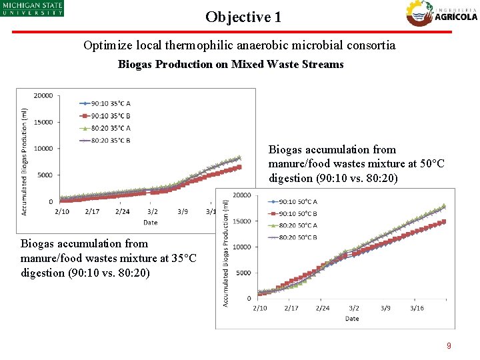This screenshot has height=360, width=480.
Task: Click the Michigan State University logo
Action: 32,8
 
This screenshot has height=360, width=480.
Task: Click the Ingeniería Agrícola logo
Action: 441,13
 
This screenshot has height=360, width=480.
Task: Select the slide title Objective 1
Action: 243,17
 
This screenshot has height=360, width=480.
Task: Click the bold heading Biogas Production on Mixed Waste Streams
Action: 231,64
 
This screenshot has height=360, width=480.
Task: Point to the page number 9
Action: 449,345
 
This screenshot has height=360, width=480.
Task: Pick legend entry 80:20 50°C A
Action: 292,225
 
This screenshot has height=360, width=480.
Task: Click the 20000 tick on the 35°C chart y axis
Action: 43,95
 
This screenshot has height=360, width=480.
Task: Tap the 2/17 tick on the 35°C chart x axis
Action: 92,211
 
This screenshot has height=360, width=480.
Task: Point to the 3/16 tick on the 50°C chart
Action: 417,308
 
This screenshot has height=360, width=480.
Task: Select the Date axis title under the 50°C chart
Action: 352,319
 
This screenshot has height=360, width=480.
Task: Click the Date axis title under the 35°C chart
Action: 151,222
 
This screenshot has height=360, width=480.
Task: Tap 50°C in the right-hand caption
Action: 431,163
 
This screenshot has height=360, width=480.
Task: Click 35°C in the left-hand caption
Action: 183,258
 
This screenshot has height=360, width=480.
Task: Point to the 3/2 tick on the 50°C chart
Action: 354,308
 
